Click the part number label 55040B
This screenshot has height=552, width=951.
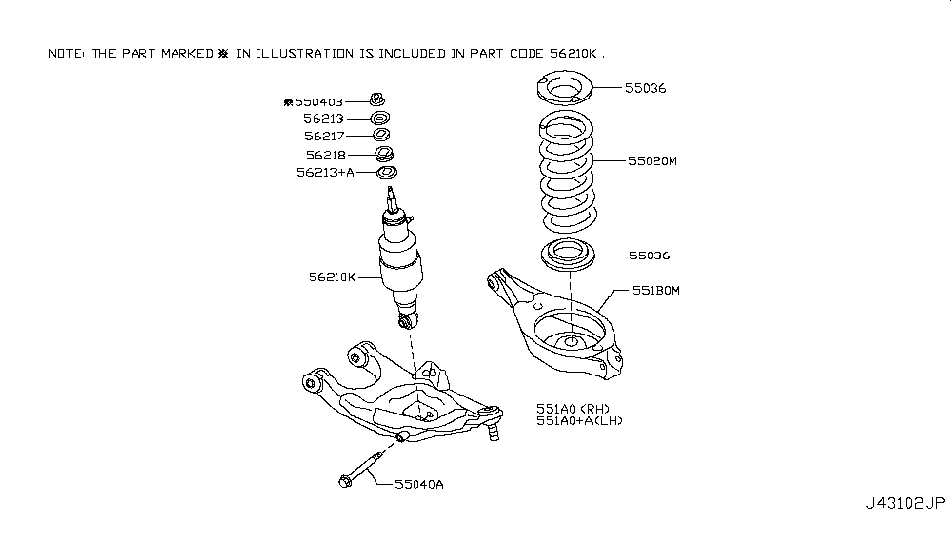[319, 101]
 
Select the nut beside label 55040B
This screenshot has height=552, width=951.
[377, 99]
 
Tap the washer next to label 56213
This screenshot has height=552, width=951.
[379, 118]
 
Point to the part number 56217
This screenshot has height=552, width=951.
[325, 136]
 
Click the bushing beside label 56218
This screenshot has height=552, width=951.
[384, 153]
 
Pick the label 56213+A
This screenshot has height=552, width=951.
[326, 173]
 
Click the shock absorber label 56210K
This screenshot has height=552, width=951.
[333, 277]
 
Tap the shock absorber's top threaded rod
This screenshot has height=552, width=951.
[392, 199]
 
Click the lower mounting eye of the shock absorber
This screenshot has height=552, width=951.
[407, 320]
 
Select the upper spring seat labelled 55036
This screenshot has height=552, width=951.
[564, 88]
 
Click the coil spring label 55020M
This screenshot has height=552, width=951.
[652, 161]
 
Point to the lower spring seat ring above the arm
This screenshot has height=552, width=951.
[567, 255]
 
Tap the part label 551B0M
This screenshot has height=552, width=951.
[655, 291]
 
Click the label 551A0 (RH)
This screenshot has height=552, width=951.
[573, 409]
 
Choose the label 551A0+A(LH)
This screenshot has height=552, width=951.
[579, 421]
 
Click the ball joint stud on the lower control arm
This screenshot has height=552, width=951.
[494, 431]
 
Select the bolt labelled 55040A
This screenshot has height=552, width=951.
[361, 469]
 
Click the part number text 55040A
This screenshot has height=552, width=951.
[418, 484]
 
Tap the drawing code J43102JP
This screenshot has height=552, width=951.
[905, 503]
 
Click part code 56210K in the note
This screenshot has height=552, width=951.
[574, 54]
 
